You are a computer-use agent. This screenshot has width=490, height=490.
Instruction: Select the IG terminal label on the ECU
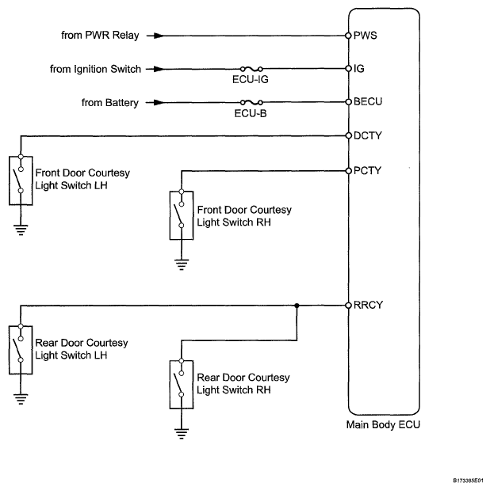(359, 69)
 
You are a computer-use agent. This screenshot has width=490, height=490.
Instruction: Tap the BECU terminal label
(367, 102)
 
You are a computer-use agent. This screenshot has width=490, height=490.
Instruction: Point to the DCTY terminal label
(367, 135)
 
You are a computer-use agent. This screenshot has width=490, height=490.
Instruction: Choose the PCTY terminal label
(367, 170)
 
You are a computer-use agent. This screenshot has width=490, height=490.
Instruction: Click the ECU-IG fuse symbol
(251, 69)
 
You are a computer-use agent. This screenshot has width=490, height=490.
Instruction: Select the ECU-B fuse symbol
(251, 102)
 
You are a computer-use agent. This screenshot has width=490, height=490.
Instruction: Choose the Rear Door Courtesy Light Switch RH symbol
(181, 384)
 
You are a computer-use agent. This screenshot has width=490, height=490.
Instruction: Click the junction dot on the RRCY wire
(297, 306)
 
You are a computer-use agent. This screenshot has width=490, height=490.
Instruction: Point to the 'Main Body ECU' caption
(383, 425)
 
